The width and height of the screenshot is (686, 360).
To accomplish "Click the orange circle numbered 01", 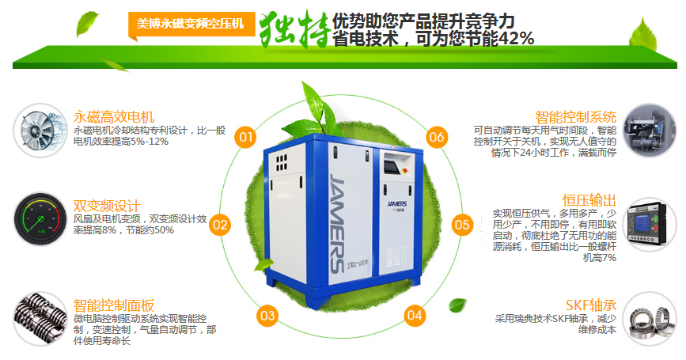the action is click(245, 137).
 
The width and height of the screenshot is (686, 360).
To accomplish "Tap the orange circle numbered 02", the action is click(220, 225).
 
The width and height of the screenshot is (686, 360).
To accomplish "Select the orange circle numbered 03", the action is click(267, 316).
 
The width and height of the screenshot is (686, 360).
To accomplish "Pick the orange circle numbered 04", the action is click(415, 315).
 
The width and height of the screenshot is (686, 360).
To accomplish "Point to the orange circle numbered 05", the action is click(462, 225).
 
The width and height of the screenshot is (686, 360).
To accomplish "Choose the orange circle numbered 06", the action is click(437, 137).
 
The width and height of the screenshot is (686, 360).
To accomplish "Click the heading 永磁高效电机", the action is click(114, 117).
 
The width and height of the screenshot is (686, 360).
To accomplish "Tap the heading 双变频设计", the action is click(107, 206).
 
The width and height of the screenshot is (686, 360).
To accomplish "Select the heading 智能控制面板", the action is click(114, 305).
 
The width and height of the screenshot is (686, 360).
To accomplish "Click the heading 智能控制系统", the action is click(575, 117).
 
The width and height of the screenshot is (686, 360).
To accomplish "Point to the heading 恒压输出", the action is click(589, 200).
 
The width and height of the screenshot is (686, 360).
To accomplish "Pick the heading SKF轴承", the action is click(590, 305).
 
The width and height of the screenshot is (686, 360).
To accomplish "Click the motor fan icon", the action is click(40, 131).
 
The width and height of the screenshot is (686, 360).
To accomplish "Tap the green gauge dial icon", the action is click(40, 218).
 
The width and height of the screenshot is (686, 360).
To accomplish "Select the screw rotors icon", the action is click(40, 319).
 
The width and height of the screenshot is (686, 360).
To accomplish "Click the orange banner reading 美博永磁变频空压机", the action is click(191, 24).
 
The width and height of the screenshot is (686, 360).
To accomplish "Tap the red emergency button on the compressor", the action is click(404, 170).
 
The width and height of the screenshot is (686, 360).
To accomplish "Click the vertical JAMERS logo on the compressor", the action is click(338, 223).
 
